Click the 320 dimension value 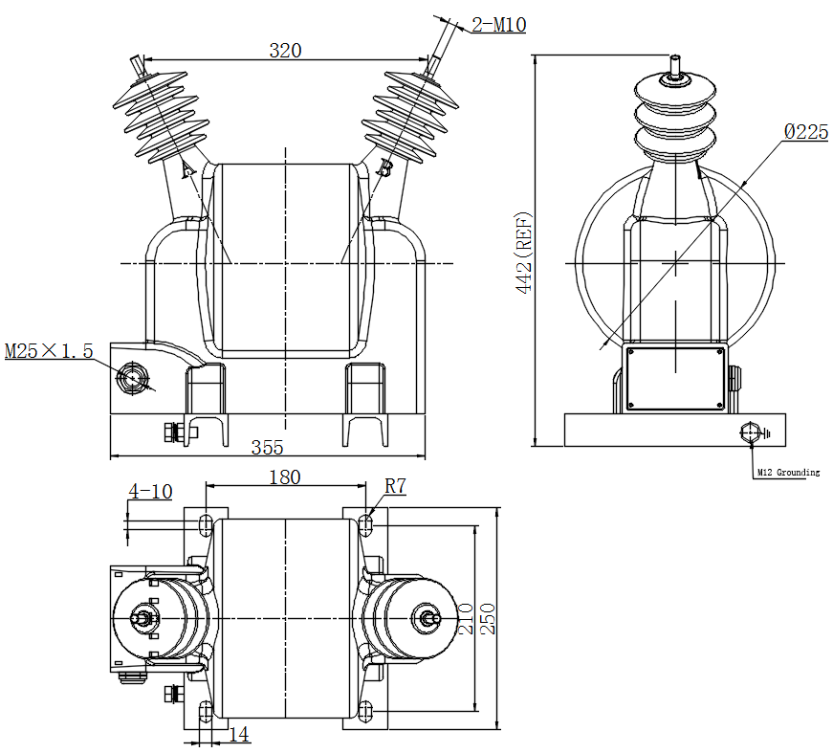(x=285, y=51)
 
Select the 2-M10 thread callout (x=499, y=25)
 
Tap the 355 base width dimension (x=267, y=448)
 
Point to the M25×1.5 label (x=49, y=351)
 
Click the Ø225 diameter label (x=806, y=132)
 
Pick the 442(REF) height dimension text (x=524, y=253)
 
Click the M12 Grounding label (x=788, y=472)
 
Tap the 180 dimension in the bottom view (x=285, y=477)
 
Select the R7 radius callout (x=395, y=486)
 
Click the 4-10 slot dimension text (x=150, y=492)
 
